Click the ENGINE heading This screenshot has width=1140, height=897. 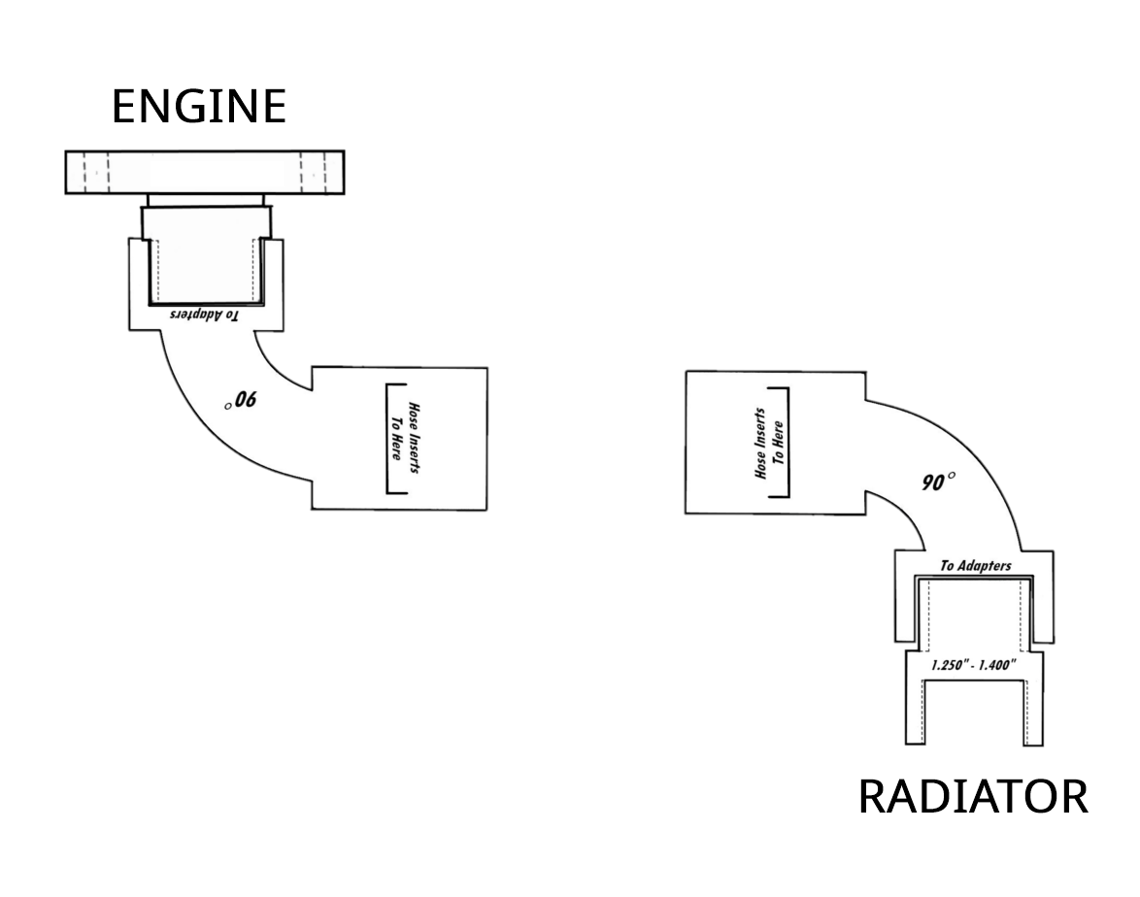pyautogui.click(x=199, y=107)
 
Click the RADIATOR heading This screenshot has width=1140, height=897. pyautogui.click(x=973, y=797)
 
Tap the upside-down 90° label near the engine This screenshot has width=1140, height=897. pyautogui.click(x=243, y=400)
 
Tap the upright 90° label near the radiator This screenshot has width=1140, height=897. pyautogui.click(x=937, y=481)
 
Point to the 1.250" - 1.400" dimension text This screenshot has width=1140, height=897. pyautogui.click(x=973, y=665)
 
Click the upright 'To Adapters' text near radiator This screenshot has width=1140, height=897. pyautogui.click(x=975, y=565)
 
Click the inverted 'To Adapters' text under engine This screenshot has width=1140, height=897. pyautogui.click(x=203, y=315)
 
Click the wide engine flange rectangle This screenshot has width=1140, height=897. pyautogui.click(x=204, y=172)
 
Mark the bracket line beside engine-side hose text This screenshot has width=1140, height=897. pyautogui.click(x=389, y=440)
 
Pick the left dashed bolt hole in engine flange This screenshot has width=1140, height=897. pyautogui.click(x=96, y=172)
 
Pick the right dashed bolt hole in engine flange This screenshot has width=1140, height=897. pyautogui.click(x=313, y=172)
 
